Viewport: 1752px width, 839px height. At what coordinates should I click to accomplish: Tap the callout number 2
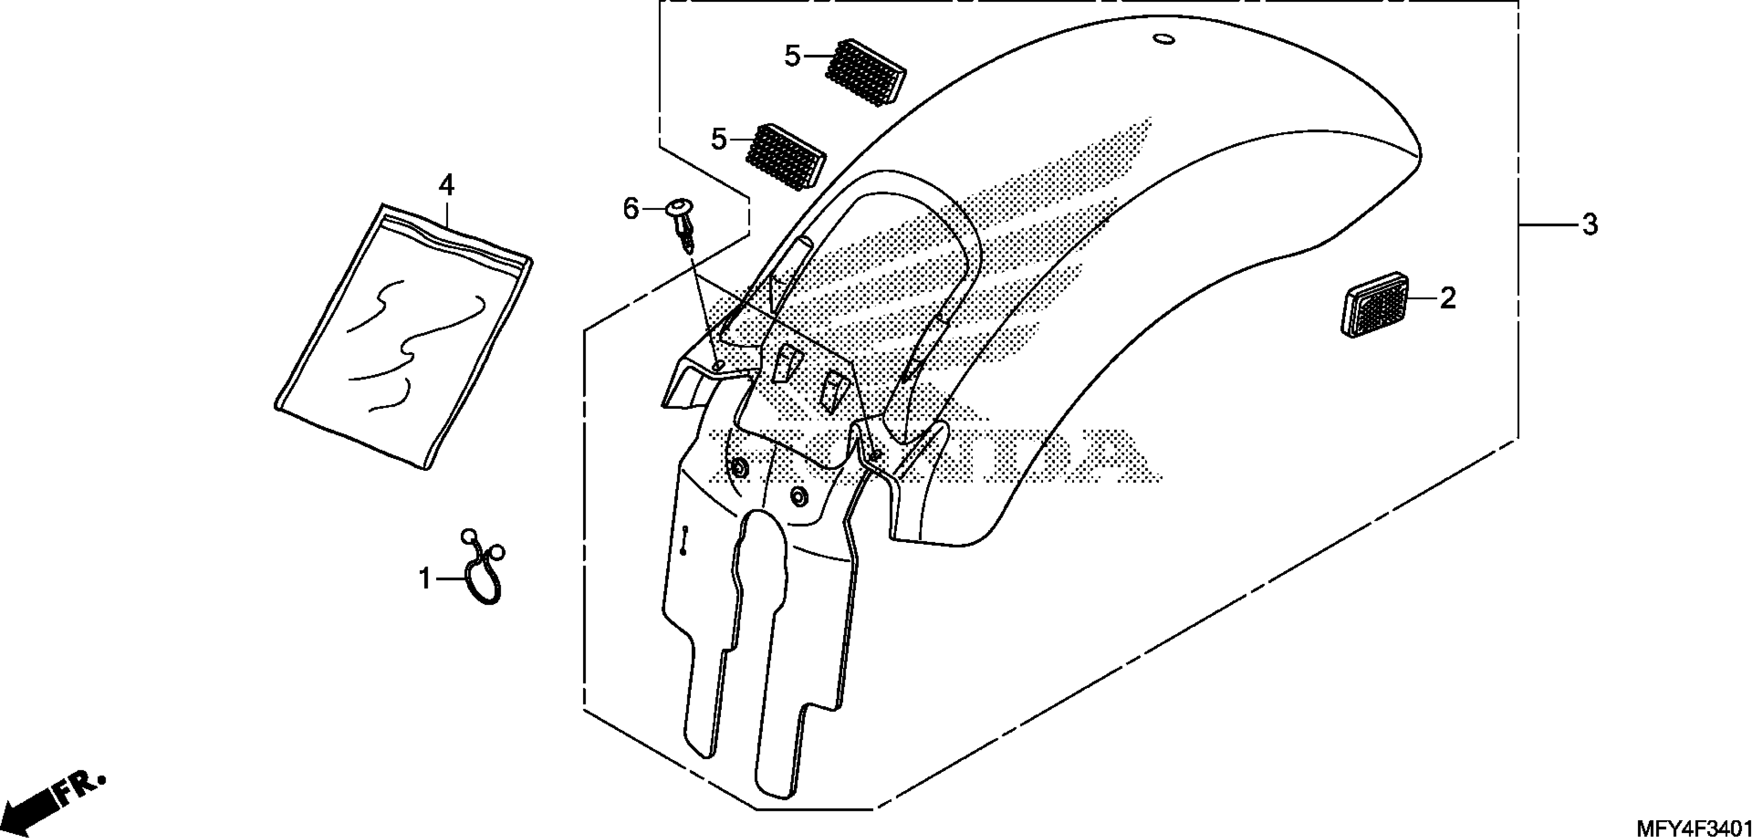coord(1447,298)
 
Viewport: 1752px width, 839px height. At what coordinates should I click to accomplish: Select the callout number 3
coord(1590,225)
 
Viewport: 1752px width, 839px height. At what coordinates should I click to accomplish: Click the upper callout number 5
coord(792,56)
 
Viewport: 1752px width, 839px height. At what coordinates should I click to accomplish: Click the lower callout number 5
coord(719,140)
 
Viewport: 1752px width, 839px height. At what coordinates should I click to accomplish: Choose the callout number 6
coord(631,209)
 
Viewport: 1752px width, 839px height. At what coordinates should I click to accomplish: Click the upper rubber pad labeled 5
coord(866,71)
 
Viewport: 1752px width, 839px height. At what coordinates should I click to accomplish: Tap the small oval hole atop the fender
coord(1164,39)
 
